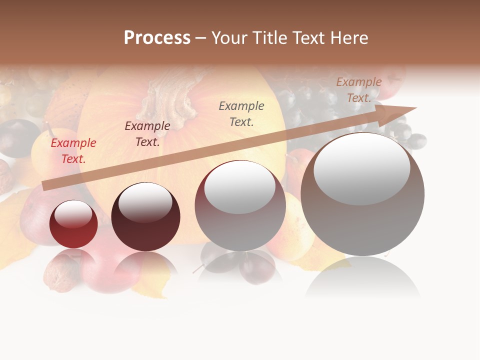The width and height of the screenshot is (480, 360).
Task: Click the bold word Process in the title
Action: click(157, 38)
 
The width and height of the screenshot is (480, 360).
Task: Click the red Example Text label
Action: click(73, 151)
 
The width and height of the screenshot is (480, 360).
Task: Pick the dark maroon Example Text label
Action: click(147, 134)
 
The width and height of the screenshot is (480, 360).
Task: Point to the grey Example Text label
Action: click(241, 113)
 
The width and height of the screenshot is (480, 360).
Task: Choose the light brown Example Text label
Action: click(359, 90)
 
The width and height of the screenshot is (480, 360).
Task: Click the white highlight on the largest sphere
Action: click(361, 168)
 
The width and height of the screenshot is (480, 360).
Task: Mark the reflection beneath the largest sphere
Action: click(362, 282)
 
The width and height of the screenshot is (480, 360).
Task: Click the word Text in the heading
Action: click(309, 38)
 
